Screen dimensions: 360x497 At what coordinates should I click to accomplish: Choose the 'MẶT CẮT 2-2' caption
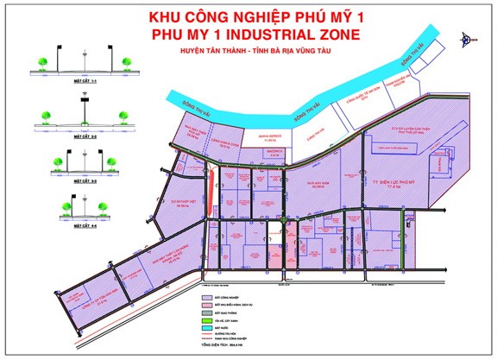pos(85,136)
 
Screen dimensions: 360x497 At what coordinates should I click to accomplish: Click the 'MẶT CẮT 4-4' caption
pos(85,227)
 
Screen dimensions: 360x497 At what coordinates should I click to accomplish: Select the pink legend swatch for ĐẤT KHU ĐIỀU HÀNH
pos(206,305)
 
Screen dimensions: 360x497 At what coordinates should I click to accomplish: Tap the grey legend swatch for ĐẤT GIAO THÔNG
pos(206,313)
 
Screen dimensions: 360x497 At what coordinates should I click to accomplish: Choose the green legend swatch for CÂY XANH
pos(206,320)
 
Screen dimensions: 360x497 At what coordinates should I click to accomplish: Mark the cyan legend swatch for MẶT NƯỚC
pos(206,328)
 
